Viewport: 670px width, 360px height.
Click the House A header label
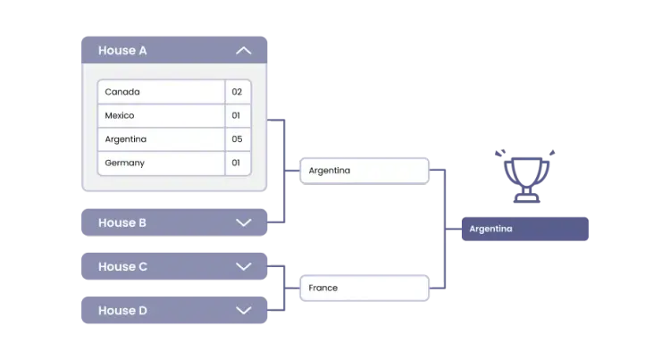pos(123,51)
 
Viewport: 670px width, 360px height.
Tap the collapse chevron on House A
pos(243,51)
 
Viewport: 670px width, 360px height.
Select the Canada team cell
pos(161,92)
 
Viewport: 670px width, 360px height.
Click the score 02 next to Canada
pos(237,92)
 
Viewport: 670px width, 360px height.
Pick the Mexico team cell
pos(161,115)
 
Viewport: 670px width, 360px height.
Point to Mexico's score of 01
pos(237,115)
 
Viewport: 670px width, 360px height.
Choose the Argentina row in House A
pos(161,139)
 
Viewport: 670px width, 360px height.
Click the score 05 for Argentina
pos(237,139)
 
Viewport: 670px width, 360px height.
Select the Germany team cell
pos(161,163)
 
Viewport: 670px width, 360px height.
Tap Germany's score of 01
pos(237,163)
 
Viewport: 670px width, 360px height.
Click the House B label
pos(122,222)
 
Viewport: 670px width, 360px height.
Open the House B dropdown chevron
pos(243,222)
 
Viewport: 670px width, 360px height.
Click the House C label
pos(123,266)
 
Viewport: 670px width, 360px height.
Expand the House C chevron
pos(243,266)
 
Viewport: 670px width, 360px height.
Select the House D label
pos(123,311)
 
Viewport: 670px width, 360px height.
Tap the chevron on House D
pos(243,311)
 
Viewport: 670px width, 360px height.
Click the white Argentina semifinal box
pos(364,170)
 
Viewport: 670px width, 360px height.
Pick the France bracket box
pos(364,288)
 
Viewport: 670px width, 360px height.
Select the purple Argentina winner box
pos(524,229)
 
